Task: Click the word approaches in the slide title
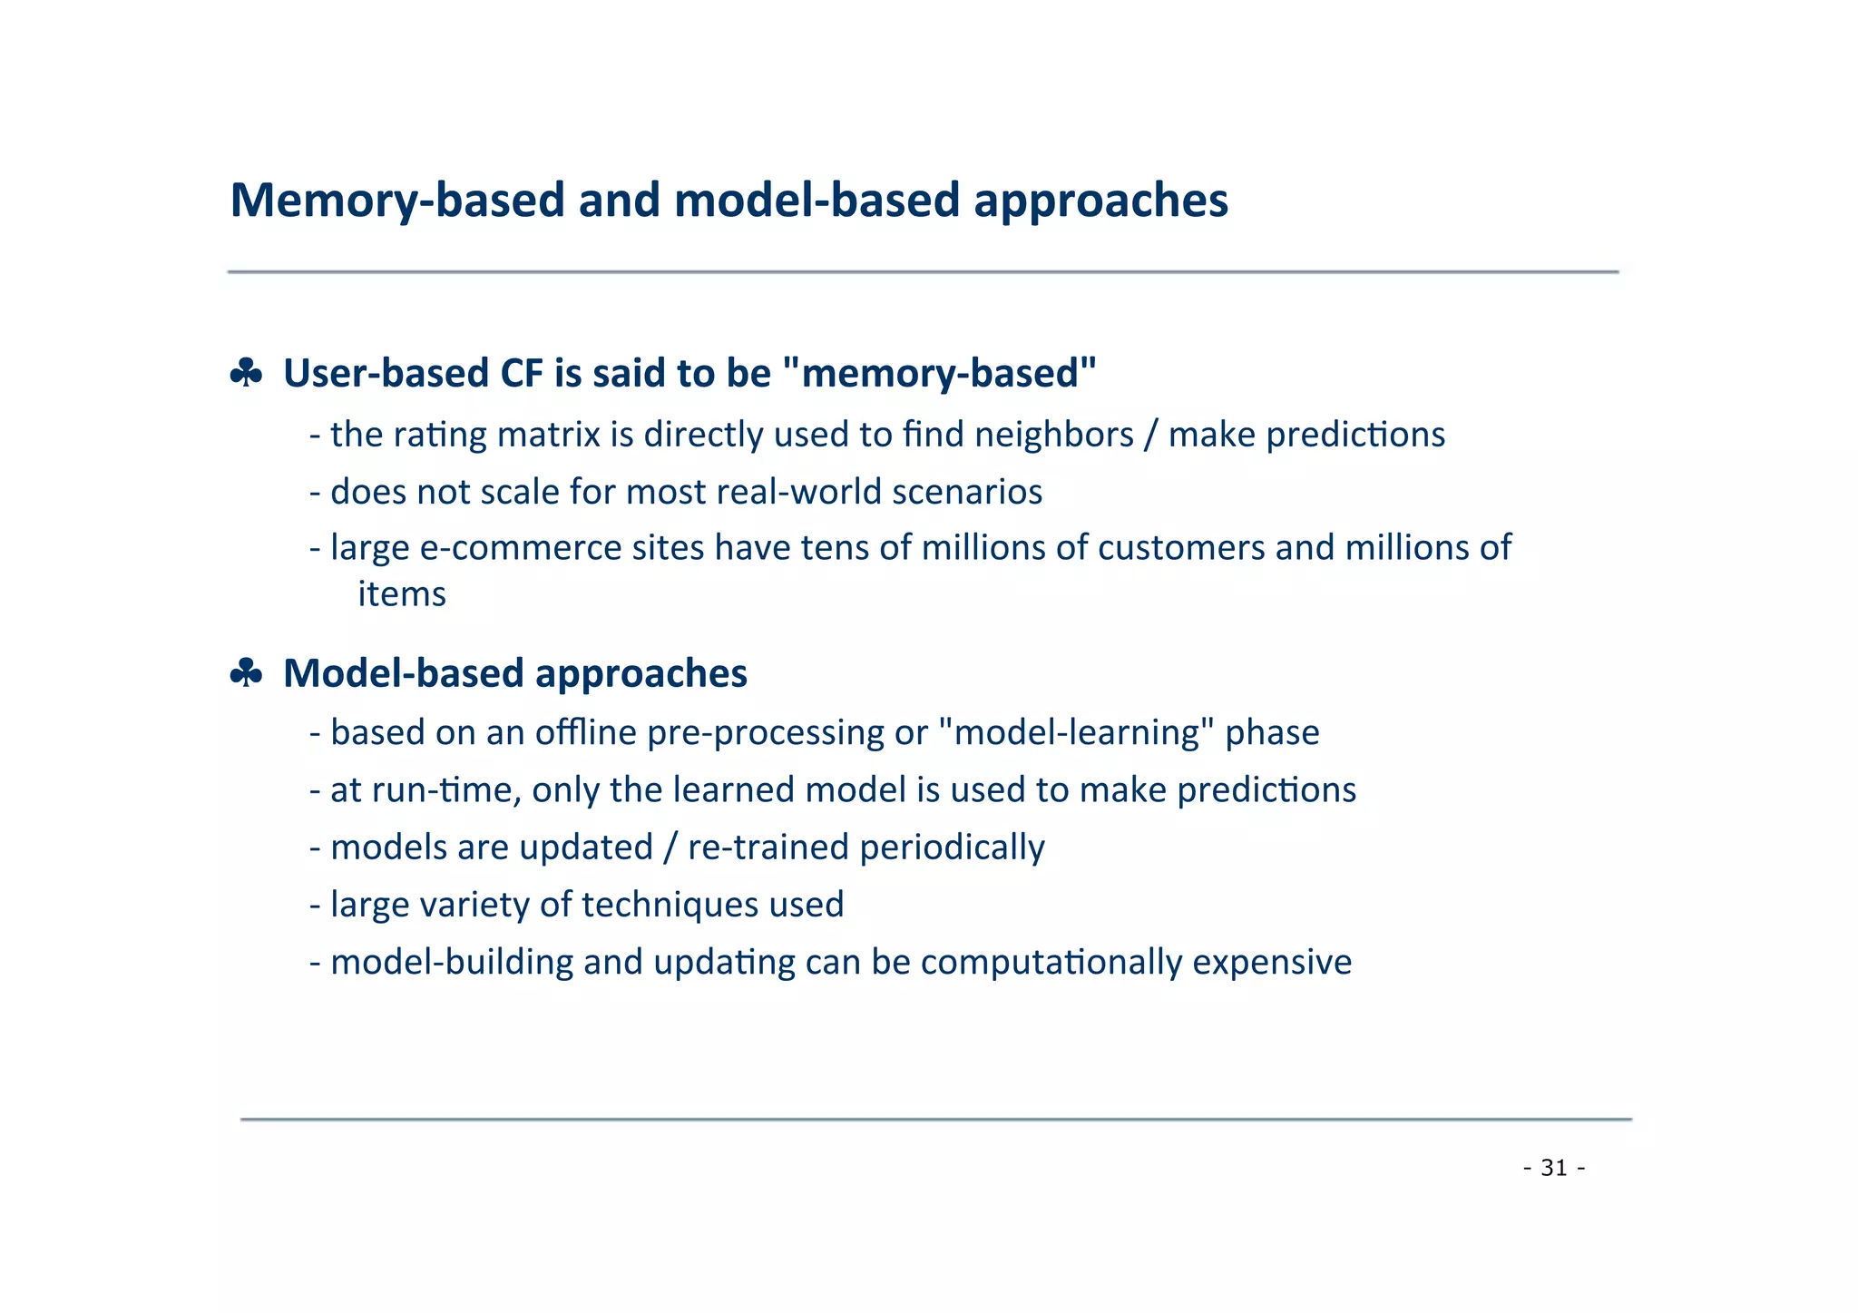pos(1100,201)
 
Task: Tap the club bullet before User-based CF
pos(246,373)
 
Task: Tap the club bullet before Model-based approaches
pos(246,673)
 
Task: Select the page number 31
pos(1554,1168)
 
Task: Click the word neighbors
pos(1053,435)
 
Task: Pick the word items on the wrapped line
pos(402,594)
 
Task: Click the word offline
pos(585,732)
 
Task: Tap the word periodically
pos(952,848)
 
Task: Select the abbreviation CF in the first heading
pos(520,373)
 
